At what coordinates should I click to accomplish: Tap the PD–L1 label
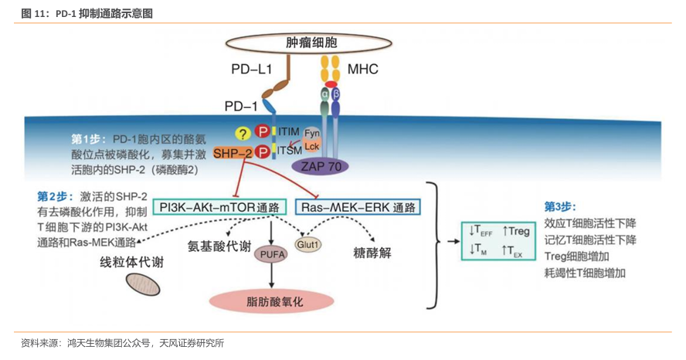click(x=251, y=70)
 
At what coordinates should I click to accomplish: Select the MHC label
click(x=362, y=70)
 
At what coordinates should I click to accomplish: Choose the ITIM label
click(x=287, y=132)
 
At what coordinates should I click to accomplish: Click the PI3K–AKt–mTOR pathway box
click(x=219, y=207)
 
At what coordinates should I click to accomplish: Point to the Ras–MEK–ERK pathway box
click(x=358, y=207)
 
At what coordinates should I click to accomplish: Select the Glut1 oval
click(x=307, y=243)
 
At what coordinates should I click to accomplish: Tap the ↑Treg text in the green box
click(x=515, y=230)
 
